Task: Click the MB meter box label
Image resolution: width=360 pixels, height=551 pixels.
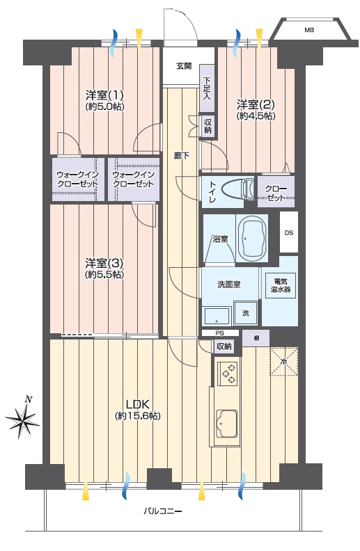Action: pos(309,30)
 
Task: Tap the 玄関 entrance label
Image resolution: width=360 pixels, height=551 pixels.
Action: pos(184,65)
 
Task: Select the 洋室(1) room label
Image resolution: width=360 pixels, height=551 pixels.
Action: pos(104,95)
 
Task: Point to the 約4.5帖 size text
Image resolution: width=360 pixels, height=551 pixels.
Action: pos(256,116)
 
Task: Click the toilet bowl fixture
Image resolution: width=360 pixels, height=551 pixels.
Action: pos(239,189)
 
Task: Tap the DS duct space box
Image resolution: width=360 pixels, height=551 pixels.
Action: pos(289,232)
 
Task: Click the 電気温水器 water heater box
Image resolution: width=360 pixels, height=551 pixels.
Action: pos(281,286)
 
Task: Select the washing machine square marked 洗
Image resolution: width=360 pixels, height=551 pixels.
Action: pos(246,313)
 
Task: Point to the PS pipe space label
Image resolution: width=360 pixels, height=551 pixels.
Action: pos(220,333)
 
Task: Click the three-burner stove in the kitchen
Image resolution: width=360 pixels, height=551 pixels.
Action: pos(228,374)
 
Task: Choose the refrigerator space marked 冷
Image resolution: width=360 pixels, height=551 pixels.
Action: pos(283,361)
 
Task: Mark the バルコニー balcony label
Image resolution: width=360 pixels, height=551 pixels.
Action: pos(163,511)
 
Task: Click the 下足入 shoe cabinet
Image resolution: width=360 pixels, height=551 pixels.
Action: pos(207,88)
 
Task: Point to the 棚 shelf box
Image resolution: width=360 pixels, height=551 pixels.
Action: pos(256,338)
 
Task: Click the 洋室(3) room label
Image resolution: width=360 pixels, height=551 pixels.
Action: pos(104,263)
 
